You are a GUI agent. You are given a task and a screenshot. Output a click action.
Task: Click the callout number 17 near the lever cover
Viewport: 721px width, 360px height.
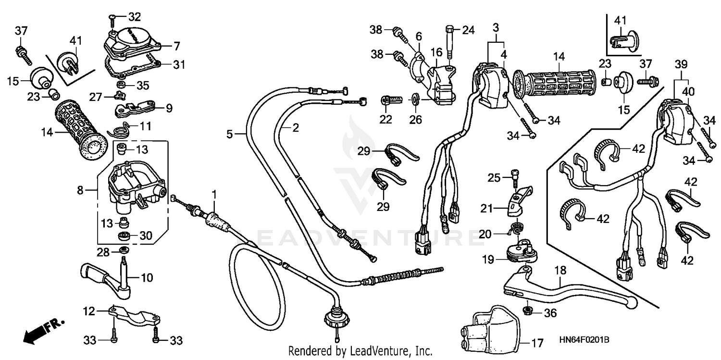click(x=537, y=344)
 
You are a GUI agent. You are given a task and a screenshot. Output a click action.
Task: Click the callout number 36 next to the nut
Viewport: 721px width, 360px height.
click(x=550, y=313)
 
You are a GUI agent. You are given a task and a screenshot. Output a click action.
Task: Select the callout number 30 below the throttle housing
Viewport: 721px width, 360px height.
click(x=146, y=236)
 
